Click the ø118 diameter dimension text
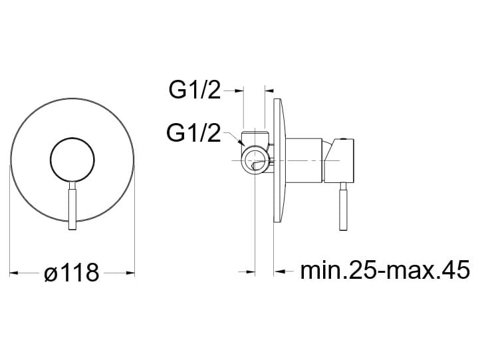point(72,272)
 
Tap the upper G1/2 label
point(195,90)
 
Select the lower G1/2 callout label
point(193,132)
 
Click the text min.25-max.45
point(385,270)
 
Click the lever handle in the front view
point(72,206)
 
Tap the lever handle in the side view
point(343,206)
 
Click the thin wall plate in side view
point(279,160)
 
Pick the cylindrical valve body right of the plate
point(304,160)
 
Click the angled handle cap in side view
point(338,160)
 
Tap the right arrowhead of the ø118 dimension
point(130,272)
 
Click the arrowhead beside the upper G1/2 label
point(239,90)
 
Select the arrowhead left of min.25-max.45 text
point(279,271)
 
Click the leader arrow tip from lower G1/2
point(243,143)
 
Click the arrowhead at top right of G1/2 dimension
point(269,90)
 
